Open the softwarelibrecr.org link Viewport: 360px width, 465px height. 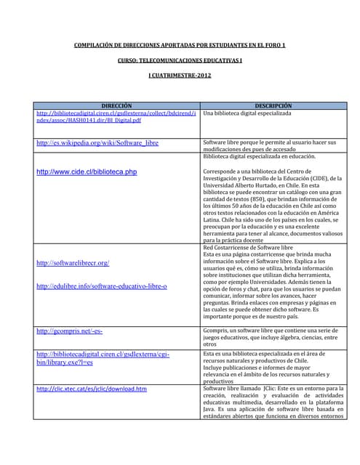click(73, 262)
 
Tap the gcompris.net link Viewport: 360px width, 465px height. click(69, 331)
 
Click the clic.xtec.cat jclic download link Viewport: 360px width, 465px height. click(92, 389)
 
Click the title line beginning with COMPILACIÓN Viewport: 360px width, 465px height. click(180, 46)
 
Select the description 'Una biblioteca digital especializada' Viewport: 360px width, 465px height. click(247, 114)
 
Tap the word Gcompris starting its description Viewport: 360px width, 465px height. click(216, 331)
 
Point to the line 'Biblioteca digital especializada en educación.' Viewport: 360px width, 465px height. click(259, 156)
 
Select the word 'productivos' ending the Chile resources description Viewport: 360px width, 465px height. click(218, 381)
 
